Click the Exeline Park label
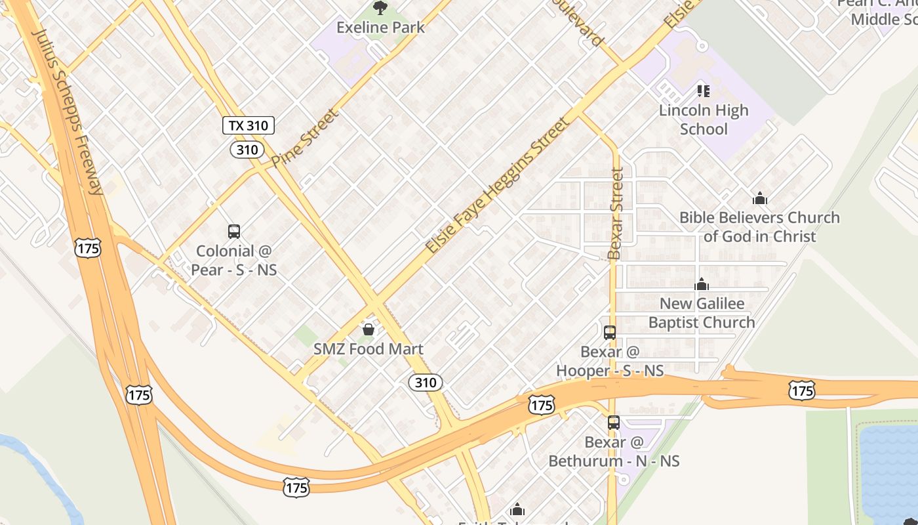[x=380, y=28]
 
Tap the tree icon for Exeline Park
[x=380, y=8]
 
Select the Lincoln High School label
[x=704, y=119]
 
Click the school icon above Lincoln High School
[x=703, y=91]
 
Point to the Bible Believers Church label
[x=759, y=226]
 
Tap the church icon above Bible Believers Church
[x=760, y=198]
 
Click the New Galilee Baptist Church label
[x=702, y=313]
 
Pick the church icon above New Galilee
[x=702, y=284]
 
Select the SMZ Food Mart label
[x=369, y=349]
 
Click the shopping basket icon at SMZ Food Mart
[x=369, y=329]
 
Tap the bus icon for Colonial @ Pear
[x=234, y=231]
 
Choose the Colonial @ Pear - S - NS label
[x=234, y=261]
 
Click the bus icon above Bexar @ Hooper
[x=610, y=332]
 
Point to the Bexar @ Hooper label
[x=610, y=361]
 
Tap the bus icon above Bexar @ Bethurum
[x=614, y=423]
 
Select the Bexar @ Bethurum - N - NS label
[x=614, y=451]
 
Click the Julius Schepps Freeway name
[x=69, y=112]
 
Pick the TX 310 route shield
[x=248, y=125]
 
